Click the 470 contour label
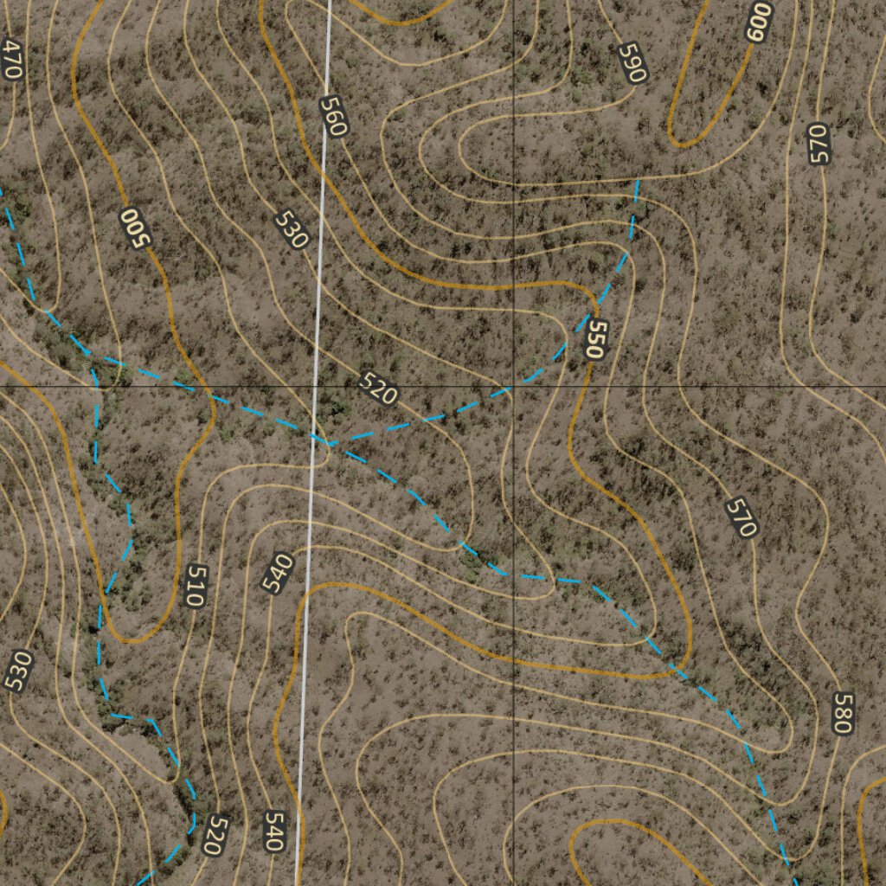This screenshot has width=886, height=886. [11, 60]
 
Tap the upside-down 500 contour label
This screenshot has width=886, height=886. [134, 228]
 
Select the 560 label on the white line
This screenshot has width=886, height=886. [333, 117]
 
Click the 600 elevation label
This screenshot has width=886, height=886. [757, 21]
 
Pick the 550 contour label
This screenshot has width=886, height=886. [595, 339]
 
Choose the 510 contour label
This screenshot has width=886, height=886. [196, 585]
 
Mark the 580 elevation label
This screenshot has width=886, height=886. [841, 713]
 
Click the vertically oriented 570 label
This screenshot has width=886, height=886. [818, 144]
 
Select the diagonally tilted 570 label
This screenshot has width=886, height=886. [742, 517]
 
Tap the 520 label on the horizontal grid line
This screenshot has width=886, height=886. [377, 389]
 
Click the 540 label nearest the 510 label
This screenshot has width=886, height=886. [278, 573]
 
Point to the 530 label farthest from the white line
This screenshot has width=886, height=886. [17, 671]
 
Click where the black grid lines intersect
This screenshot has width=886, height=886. [514, 386]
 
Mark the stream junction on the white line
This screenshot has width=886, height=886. [327, 444]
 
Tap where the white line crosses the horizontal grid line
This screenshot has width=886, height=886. [315, 386]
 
